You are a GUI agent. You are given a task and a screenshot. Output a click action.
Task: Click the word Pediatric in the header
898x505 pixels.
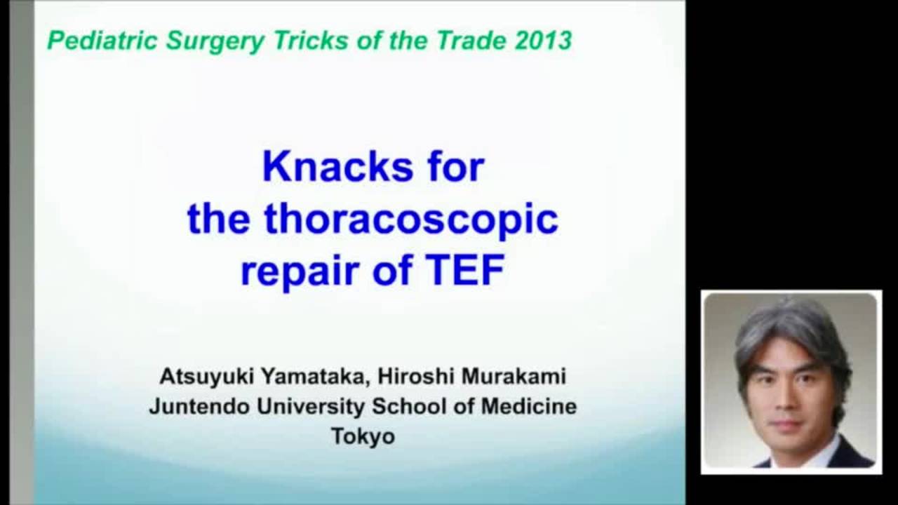102,41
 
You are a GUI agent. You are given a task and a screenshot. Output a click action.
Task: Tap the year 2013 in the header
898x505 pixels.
543,40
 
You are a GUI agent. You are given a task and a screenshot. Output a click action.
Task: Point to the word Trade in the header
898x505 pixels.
472,40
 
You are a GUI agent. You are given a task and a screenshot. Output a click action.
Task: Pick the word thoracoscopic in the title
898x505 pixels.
410,220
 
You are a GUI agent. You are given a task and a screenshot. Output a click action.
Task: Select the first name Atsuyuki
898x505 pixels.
208,377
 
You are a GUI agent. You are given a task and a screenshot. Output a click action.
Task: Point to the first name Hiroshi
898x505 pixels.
415,377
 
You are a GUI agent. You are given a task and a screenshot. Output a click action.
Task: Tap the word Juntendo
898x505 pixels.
196,407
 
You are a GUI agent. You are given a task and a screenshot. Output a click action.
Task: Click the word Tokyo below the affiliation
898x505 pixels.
363,436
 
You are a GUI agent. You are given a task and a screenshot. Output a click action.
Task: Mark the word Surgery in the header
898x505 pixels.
215,41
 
